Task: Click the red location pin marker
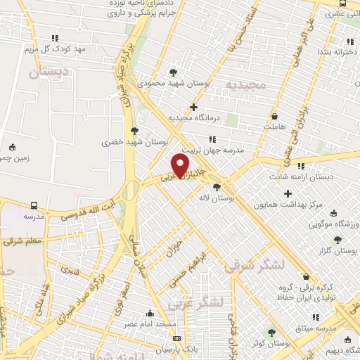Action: point(180,165)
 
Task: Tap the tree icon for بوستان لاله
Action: point(217,187)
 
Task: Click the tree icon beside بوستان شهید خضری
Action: point(135,130)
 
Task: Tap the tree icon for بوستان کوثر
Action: point(271,333)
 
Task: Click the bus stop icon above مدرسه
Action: point(34,206)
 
